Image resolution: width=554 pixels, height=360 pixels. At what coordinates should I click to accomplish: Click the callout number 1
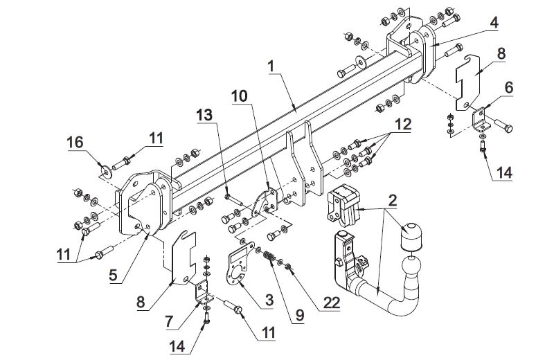point(271,66)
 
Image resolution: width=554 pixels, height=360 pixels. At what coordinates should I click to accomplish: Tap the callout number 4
point(494,22)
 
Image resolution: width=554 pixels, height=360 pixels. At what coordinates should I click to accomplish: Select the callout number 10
point(240,96)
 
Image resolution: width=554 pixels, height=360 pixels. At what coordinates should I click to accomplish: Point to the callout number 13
point(204,115)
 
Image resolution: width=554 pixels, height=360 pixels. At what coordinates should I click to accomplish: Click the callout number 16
point(75,143)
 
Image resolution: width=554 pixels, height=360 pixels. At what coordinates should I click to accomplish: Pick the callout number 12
point(403,125)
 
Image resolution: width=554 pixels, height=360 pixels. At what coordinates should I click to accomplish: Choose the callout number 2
point(392,200)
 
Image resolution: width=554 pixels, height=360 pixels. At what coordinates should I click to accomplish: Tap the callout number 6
point(509,87)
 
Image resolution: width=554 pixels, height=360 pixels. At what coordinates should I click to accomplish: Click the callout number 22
point(331,303)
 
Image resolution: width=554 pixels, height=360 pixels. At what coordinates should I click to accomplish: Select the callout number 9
point(299,316)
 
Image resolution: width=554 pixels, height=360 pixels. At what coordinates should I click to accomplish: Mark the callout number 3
point(269,300)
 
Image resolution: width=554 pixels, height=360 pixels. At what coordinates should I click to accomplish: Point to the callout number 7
point(169,321)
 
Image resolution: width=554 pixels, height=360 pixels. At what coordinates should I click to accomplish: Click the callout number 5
point(113,275)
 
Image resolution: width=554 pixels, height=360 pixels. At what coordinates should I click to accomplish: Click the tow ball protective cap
point(411,236)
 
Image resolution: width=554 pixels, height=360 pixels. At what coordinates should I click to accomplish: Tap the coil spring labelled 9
point(269,255)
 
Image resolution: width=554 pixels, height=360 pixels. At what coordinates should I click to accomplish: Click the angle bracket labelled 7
point(203,292)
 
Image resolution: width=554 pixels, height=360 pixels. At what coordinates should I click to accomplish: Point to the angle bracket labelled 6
point(481,119)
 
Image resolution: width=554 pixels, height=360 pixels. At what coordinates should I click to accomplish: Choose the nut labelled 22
point(288,267)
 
